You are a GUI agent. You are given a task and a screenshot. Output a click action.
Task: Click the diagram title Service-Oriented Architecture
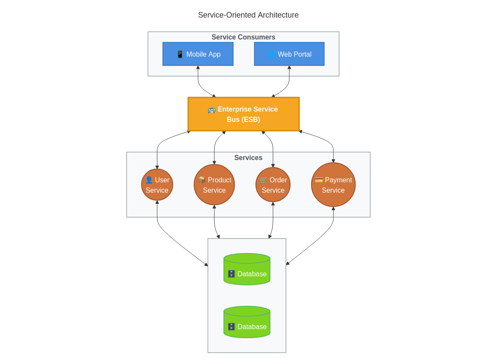[248, 15]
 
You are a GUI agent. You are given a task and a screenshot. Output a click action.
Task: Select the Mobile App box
[198, 54]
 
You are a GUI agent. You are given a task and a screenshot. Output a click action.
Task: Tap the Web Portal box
[289, 54]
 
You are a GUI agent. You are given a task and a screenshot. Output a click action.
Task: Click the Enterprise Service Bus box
[243, 114]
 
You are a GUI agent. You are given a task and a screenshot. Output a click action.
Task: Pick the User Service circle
[157, 185]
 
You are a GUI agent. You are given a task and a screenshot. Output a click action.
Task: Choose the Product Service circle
[214, 185]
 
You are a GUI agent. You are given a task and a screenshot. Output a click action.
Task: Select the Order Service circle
[273, 185]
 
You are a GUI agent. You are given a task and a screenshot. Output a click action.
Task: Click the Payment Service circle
[333, 185]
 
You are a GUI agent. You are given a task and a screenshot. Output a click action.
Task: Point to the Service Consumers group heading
[243, 37]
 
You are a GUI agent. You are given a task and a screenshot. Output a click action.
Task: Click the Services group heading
[248, 158]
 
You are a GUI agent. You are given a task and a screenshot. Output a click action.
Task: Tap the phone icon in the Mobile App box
[180, 54]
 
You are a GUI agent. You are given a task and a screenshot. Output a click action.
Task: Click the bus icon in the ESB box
[212, 109]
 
